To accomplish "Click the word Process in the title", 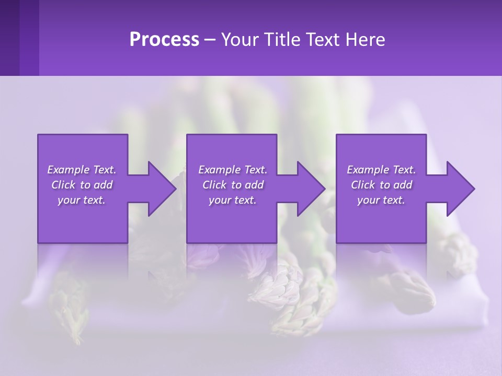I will tap(164, 40).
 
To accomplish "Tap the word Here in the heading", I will tap(365, 40).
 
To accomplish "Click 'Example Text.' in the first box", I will tap(82, 170).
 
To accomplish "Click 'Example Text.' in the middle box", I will tap(233, 170).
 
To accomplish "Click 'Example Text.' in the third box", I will tap(381, 170).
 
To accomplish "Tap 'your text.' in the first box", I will tap(82, 200).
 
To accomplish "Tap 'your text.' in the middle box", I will tap(233, 200).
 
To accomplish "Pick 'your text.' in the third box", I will tap(381, 200).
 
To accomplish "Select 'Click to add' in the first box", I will tap(82, 185).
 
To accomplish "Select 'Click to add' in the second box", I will tap(233, 185).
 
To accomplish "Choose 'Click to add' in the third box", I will tap(381, 185).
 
